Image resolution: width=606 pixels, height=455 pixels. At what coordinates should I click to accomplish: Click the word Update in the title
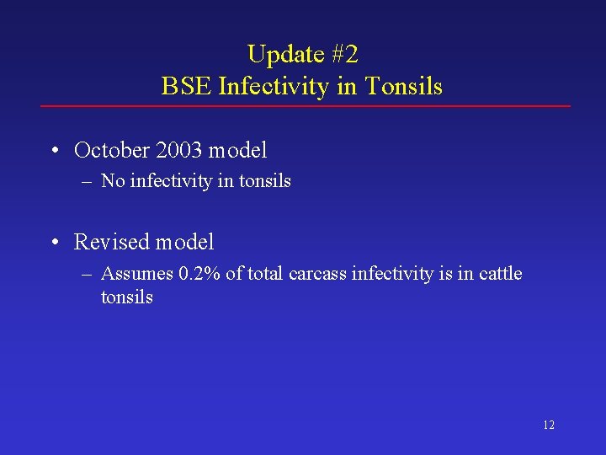coord(285,55)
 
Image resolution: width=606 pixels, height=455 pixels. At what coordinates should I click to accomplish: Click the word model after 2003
coord(237,151)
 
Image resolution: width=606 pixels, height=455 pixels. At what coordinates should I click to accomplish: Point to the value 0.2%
coord(199,274)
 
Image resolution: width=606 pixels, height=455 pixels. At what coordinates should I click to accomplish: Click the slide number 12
coord(549,426)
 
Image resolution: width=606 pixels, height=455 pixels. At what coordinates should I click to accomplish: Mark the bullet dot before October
coord(54,152)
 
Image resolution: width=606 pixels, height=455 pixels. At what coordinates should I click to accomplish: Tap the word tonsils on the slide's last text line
coord(127,297)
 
